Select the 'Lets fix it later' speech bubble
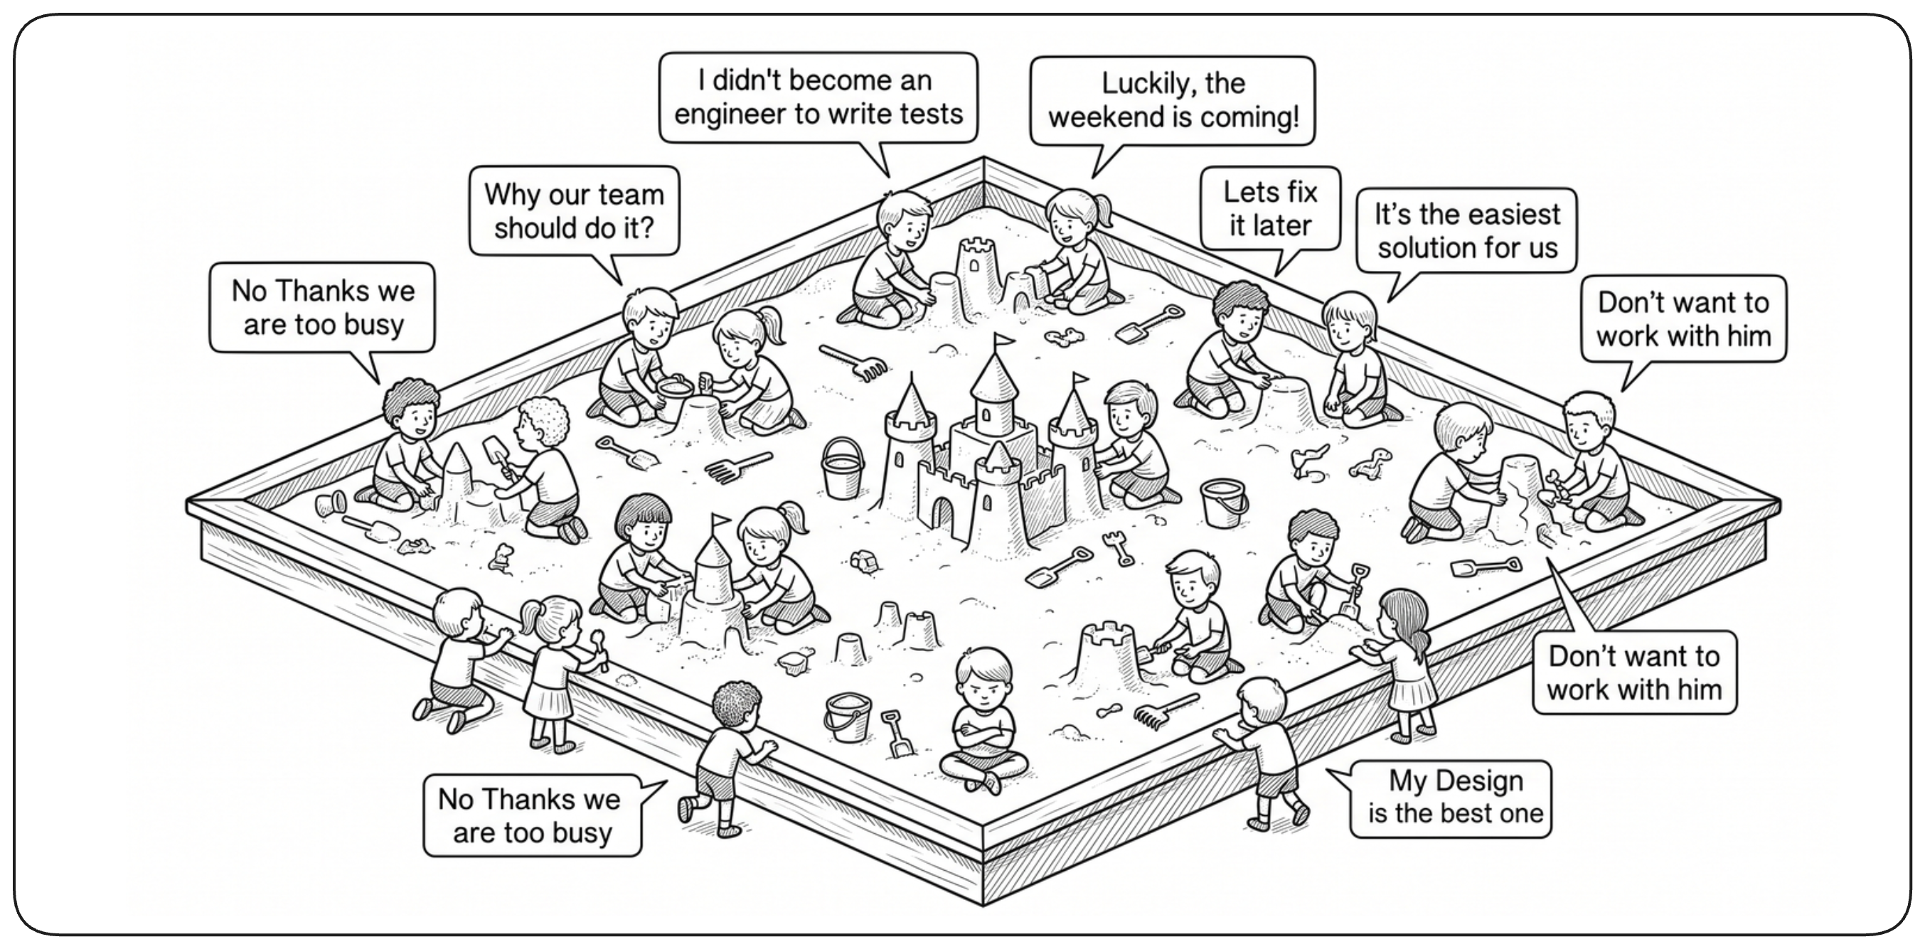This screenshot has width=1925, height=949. coord(1270,209)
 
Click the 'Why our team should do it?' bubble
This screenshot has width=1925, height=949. coord(574,211)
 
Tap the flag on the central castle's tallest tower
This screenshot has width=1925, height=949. coord(1003,341)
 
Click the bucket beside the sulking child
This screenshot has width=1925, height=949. coord(848,717)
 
